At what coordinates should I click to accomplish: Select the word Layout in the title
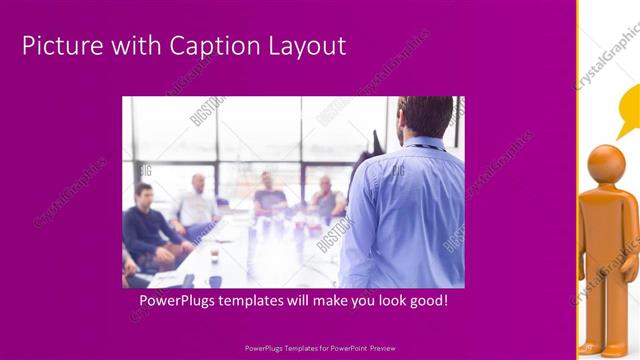(301, 46)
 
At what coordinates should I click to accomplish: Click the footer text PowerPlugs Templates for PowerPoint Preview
(320, 349)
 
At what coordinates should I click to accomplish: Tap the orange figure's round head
(606, 164)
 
